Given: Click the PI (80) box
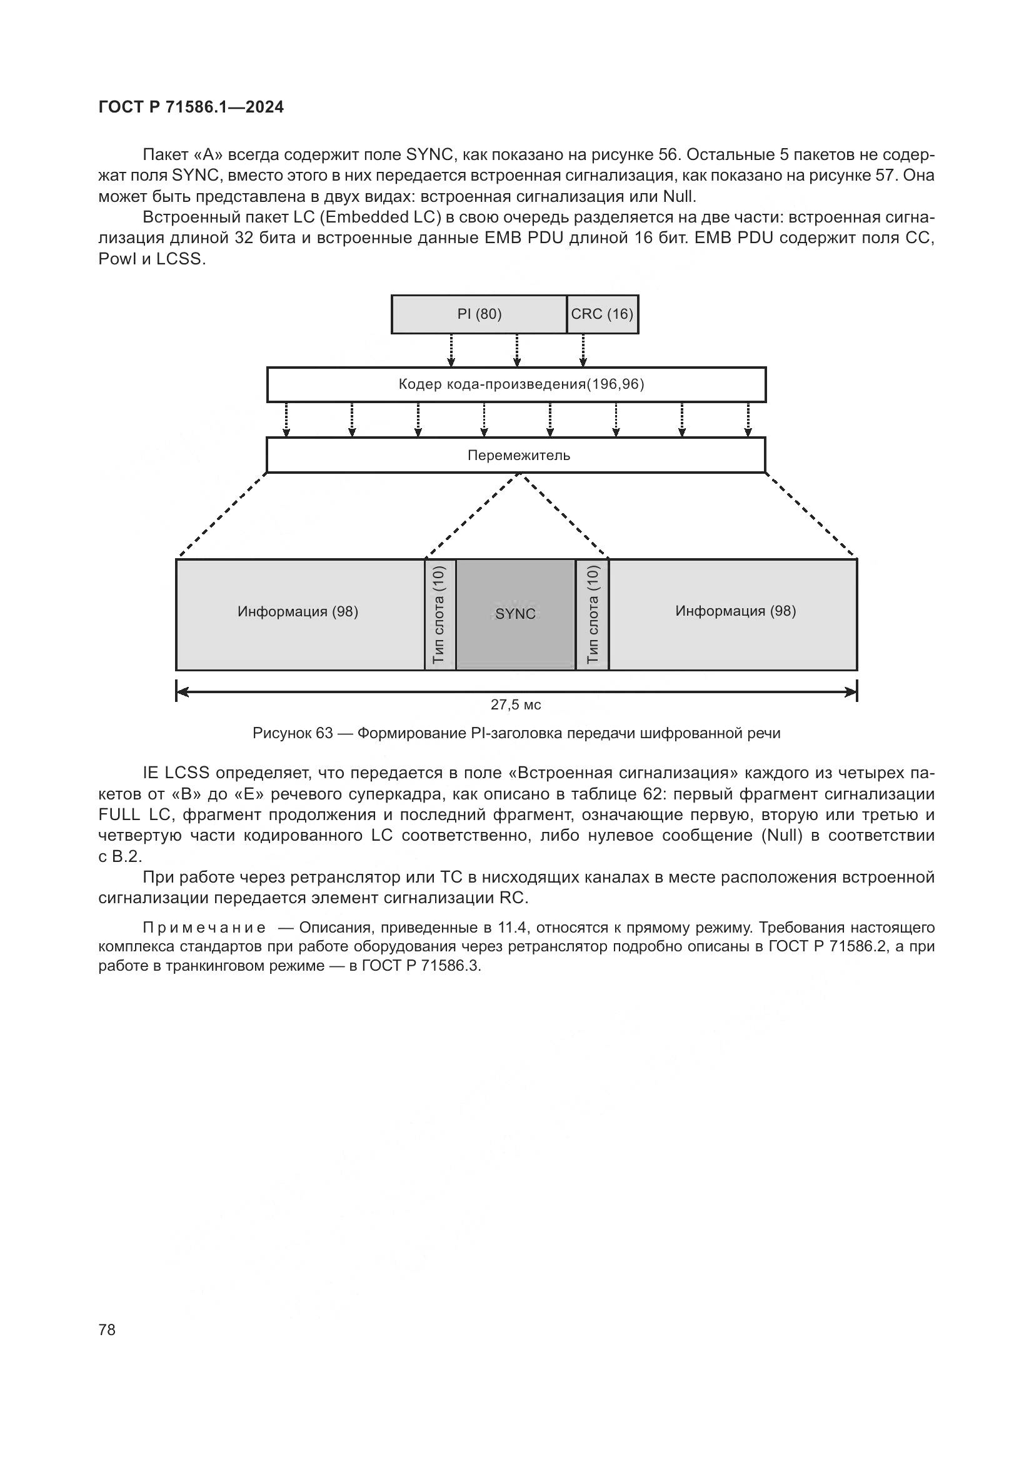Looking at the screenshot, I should [x=479, y=314].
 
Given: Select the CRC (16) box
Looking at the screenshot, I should [x=602, y=314].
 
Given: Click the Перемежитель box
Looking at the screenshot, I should [x=516, y=455].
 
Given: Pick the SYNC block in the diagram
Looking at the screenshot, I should [x=516, y=614].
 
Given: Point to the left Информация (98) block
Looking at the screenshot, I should [x=299, y=614].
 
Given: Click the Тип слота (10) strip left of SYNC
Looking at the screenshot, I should [x=440, y=614].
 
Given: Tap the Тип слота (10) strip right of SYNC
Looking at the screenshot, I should [x=592, y=614].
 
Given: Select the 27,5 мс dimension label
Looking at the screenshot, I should [x=516, y=705].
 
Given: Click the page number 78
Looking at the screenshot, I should [x=107, y=1329].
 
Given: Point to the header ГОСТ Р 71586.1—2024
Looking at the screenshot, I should [x=191, y=107].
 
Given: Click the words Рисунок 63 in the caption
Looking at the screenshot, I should [x=292, y=733].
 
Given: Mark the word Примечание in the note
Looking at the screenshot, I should [x=204, y=927].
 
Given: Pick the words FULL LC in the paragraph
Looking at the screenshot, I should [x=134, y=815].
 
